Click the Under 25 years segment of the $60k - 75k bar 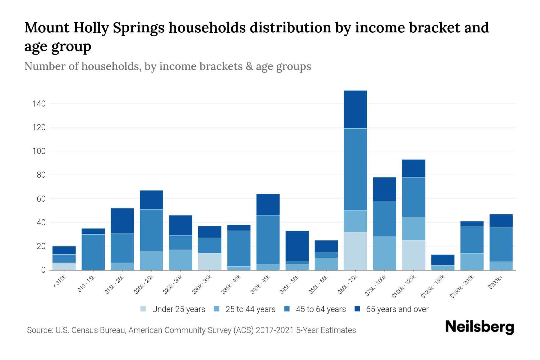[x=355, y=251]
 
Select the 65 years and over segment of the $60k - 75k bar [x=355, y=109]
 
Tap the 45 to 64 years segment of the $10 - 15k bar [x=93, y=252]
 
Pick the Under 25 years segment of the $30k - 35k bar [x=210, y=262]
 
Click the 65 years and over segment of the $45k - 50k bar [x=297, y=246]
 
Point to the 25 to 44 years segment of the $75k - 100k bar [x=384, y=253]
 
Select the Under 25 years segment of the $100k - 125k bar [x=413, y=255]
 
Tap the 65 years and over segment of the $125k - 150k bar [x=442, y=260]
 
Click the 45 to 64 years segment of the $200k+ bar [x=501, y=244]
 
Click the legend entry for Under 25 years [x=178, y=309]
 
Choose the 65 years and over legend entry [x=397, y=309]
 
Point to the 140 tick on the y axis [x=39, y=104]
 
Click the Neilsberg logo [x=479, y=327]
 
